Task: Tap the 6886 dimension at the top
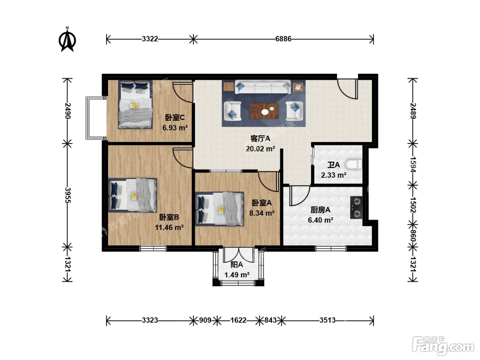click(x=283, y=39)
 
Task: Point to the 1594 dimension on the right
click(x=413, y=165)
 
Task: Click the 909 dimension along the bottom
click(x=205, y=320)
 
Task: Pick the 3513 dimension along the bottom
click(x=327, y=320)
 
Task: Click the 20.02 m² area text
click(x=260, y=149)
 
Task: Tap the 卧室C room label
click(x=175, y=118)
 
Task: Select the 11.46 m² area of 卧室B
click(x=169, y=228)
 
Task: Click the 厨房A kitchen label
click(x=320, y=210)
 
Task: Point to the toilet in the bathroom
click(x=353, y=165)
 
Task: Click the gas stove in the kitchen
click(x=356, y=207)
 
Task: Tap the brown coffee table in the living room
click(x=264, y=111)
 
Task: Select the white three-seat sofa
click(x=263, y=87)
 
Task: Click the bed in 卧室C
click(x=135, y=105)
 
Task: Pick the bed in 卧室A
click(x=219, y=209)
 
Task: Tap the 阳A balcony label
click(x=237, y=265)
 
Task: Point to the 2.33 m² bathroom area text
click(x=334, y=175)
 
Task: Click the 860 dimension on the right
click(x=413, y=236)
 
